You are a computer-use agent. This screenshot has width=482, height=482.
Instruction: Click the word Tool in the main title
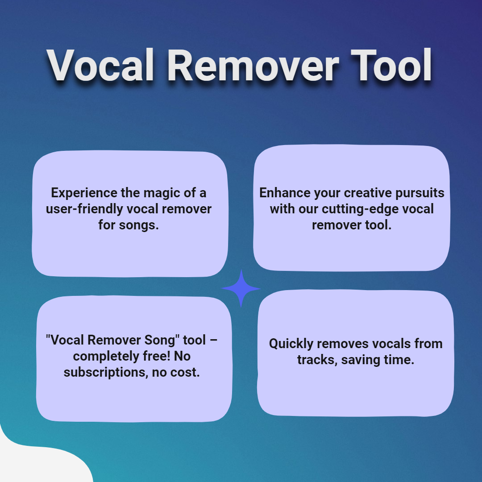[x=391, y=66]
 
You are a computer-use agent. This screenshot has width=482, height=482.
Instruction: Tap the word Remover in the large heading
[x=253, y=66]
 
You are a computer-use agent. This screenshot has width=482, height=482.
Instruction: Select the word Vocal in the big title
[x=100, y=66]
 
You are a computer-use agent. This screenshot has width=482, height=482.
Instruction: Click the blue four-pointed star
[x=241, y=288]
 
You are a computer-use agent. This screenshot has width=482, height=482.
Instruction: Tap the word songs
[x=139, y=225]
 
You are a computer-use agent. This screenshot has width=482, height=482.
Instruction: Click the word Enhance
[x=285, y=193]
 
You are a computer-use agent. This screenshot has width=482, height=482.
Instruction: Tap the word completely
[x=106, y=357]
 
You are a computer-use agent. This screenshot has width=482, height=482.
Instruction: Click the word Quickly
[x=291, y=344]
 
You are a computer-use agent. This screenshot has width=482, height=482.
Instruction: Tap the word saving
[x=359, y=360]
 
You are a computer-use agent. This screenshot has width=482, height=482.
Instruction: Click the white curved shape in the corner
[x=37, y=461]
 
